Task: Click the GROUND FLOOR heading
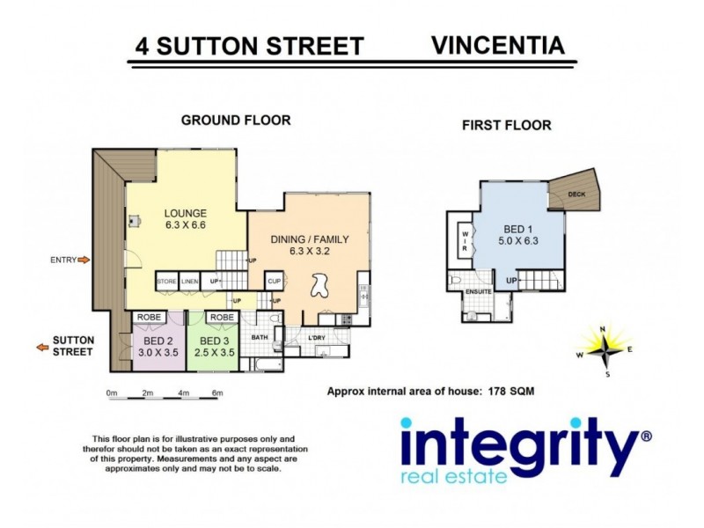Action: (235, 120)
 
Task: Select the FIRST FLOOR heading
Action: (506, 125)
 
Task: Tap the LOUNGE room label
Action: (185, 213)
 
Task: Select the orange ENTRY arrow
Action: (84, 260)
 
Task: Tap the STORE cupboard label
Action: (166, 282)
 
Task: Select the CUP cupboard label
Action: (274, 282)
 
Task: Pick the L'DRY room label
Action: (317, 337)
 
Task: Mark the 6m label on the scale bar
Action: (217, 392)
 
